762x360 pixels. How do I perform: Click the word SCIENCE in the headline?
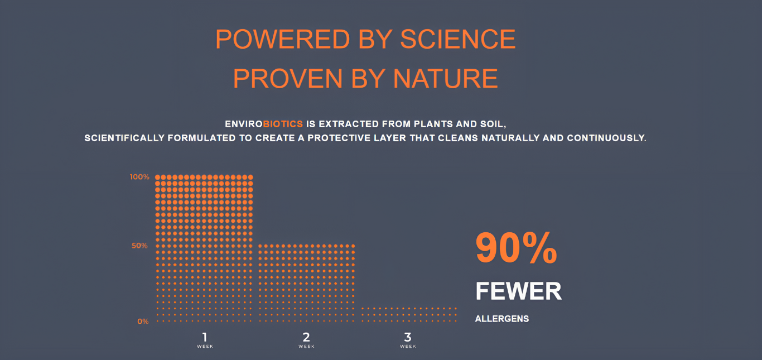click(457, 39)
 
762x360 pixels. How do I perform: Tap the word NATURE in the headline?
click(445, 79)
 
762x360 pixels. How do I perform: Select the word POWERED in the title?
click(283, 39)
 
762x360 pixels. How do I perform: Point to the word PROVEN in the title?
click(288, 79)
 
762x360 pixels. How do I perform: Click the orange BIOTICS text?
click(283, 124)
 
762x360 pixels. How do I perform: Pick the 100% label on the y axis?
click(139, 177)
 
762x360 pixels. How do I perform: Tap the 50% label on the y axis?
click(139, 246)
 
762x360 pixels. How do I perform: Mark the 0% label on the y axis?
click(143, 321)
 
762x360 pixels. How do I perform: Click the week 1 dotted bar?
click(204, 248)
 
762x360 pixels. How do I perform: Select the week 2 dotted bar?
click(306, 283)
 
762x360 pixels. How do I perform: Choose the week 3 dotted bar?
click(409, 314)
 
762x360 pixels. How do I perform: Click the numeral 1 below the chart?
click(205, 337)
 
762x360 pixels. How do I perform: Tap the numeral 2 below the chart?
click(306, 337)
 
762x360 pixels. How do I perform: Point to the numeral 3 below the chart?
click(408, 337)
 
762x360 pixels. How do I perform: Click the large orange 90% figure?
click(516, 248)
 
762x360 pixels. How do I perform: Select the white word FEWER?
click(518, 291)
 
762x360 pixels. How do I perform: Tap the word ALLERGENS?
click(501, 319)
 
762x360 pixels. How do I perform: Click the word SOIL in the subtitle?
click(493, 124)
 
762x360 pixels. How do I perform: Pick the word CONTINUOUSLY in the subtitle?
click(606, 138)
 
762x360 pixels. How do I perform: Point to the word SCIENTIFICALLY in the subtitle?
click(124, 138)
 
